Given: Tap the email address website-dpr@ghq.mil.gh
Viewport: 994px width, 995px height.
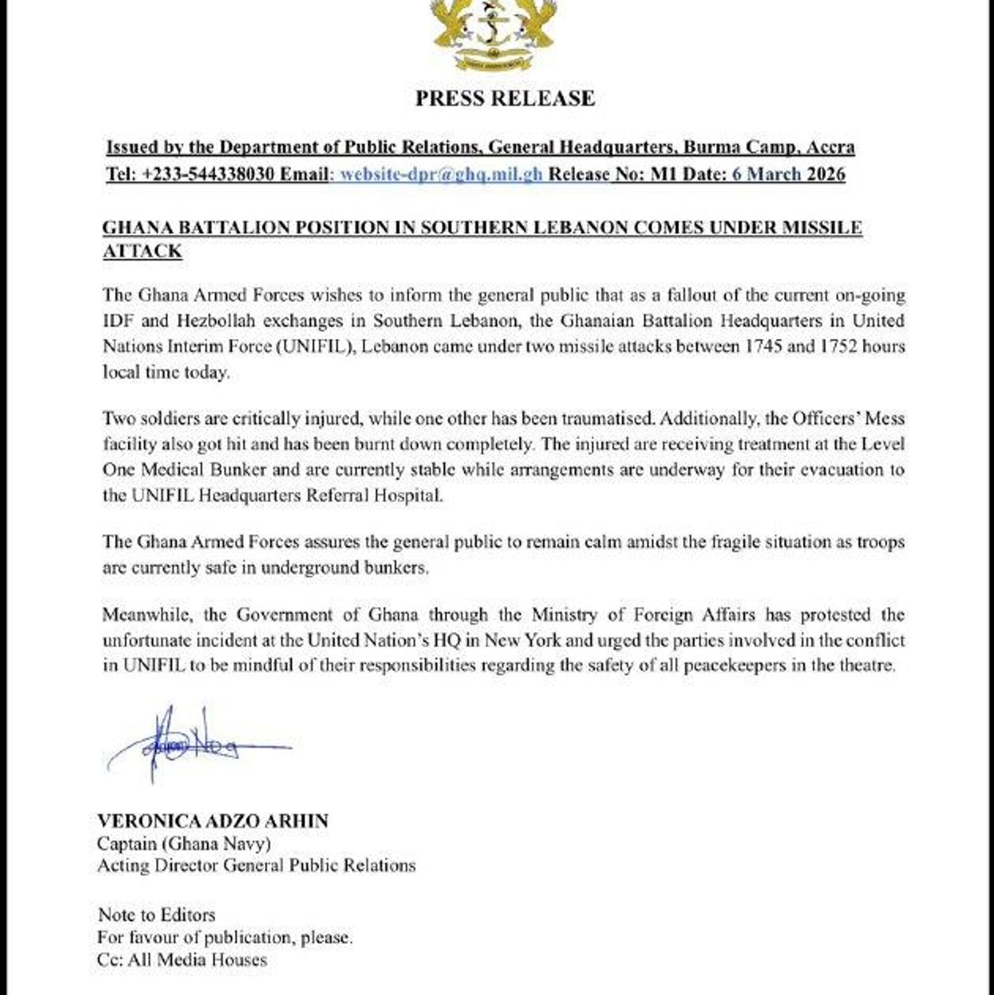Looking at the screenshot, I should (441, 174).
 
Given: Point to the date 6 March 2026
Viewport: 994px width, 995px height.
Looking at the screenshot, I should (788, 174).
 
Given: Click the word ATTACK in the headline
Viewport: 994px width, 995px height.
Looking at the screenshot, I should (143, 251).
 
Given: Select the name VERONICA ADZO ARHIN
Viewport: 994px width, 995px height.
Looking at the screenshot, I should (213, 821).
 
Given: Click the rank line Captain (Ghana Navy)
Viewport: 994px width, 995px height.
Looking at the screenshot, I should (184, 844).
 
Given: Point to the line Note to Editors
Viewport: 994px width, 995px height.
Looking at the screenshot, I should (156, 915).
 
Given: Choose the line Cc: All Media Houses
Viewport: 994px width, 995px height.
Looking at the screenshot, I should (182, 960).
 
